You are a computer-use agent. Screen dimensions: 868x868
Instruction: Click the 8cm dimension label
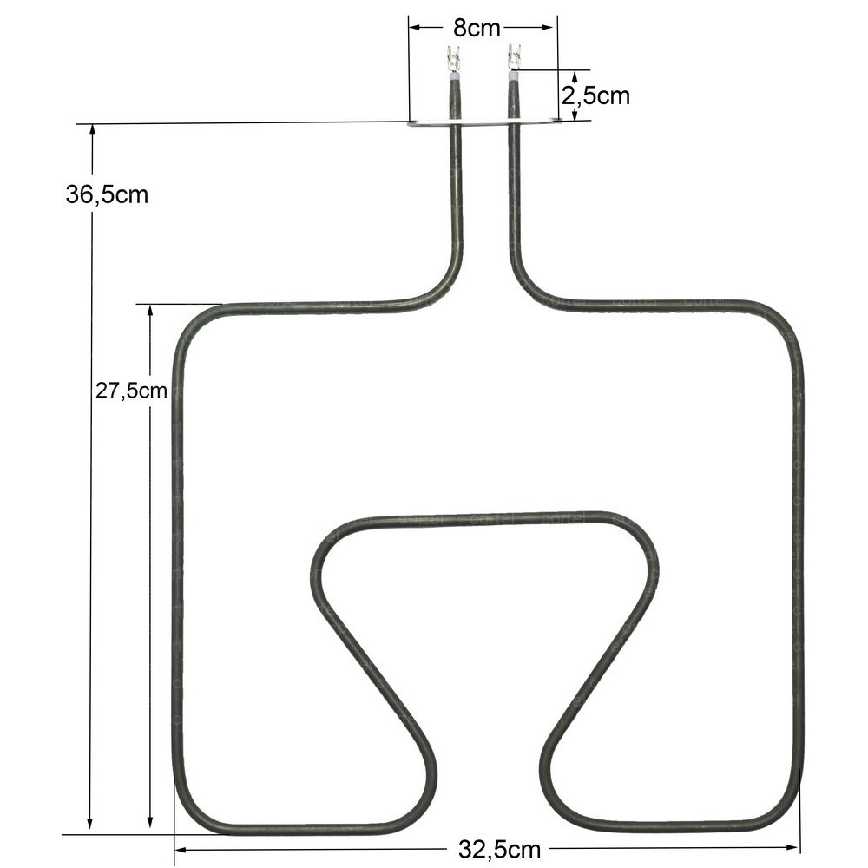tap(476, 28)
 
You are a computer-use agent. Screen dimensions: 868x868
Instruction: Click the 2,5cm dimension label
tap(595, 95)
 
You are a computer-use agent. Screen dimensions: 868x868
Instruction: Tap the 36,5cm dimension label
tap(107, 194)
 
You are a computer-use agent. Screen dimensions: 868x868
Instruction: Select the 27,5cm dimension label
tap(131, 391)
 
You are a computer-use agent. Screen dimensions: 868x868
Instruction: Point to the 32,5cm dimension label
tap(499, 849)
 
